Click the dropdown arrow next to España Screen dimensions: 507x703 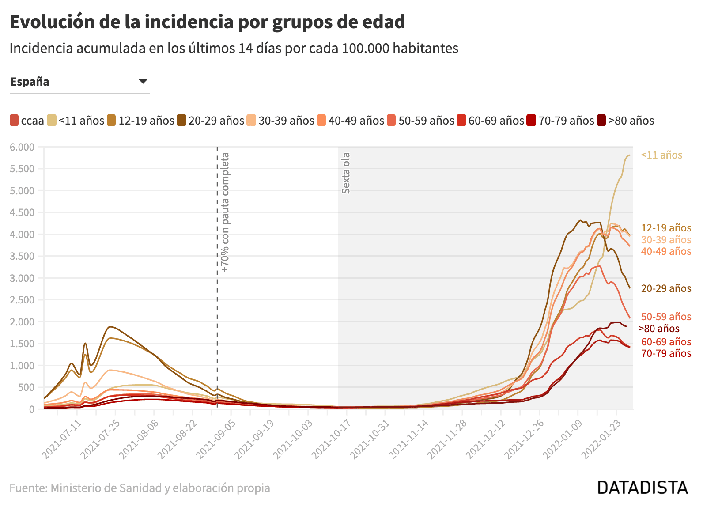pyautogui.click(x=143, y=82)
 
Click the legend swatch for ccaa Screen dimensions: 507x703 pyautogui.click(x=14, y=121)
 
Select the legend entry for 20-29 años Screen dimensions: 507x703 pyautogui.click(x=210, y=121)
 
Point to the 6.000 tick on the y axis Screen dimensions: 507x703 pyautogui.click(x=22, y=147)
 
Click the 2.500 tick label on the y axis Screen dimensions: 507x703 pyautogui.click(x=22, y=300)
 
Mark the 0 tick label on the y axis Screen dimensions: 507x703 pyautogui.click(x=31, y=409)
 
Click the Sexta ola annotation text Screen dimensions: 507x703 pyautogui.click(x=346, y=173)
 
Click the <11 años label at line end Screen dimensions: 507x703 pyautogui.click(x=661, y=155)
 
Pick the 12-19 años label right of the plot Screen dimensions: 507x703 pyautogui.click(x=666, y=228)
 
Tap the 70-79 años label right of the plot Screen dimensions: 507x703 pyautogui.click(x=666, y=353)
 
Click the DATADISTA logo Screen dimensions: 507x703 pyautogui.click(x=642, y=488)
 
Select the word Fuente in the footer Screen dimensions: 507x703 pyautogui.click(x=28, y=488)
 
